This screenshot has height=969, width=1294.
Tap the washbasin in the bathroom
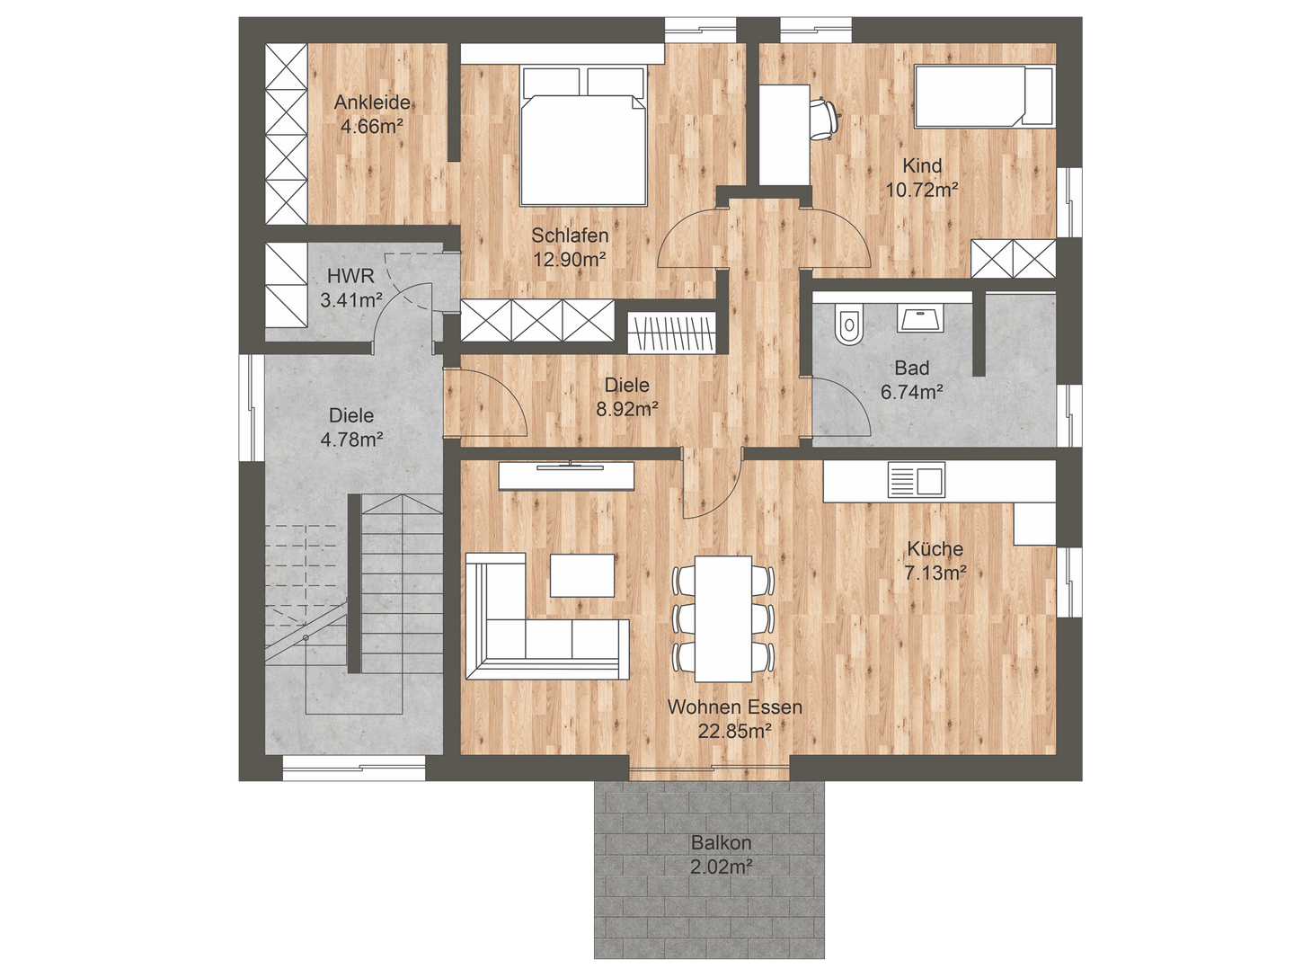click(x=919, y=317)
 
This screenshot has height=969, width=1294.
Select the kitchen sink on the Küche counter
click(x=916, y=480)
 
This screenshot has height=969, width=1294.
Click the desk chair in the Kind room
click(x=824, y=120)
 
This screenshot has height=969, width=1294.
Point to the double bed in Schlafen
click(x=583, y=136)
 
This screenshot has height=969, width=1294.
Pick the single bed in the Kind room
click(x=984, y=97)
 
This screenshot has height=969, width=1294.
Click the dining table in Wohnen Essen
click(x=722, y=618)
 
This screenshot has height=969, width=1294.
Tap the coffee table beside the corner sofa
click(x=582, y=575)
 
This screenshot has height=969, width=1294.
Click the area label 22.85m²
click(x=734, y=731)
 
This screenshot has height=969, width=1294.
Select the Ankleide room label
click(x=372, y=102)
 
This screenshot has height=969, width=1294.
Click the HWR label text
click(x=350, y=276)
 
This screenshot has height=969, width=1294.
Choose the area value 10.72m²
click(x=922, y=190)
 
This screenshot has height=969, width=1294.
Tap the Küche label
click(x=935, y=548)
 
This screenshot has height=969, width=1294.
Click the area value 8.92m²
click(x=626, y=408)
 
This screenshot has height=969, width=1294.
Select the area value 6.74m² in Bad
click(x=911, y=391)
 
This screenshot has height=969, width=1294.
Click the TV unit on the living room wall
click(x=566, y=476)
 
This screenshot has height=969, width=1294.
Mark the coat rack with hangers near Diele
click(x=672, y=333)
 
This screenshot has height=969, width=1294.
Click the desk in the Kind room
click(x=784, y=135)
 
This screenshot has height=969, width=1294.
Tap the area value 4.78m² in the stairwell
click(x=351, y=440)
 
